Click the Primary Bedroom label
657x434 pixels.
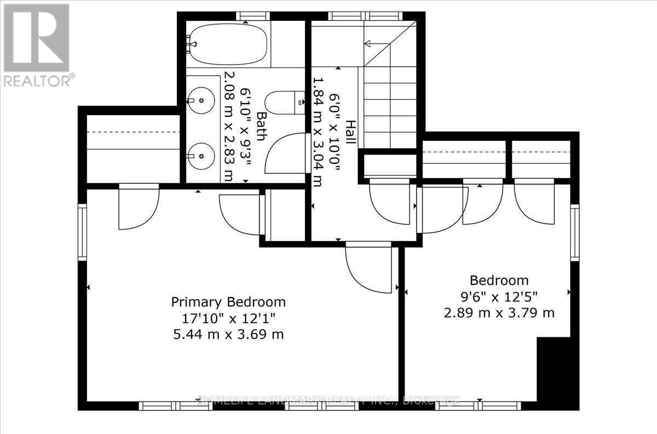pyautogui.click(x=228, y=302)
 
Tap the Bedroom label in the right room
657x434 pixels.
pyautogui.click(x=499, y=281)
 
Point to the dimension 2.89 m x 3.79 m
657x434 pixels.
pyautogui.click(x=499, y=313)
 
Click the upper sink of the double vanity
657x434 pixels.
pyautogui.click(x=201, y=101)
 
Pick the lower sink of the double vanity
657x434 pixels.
pyautogui.click(x=201, y=153)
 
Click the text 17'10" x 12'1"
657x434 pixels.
pyautogui.click(x=228, y=318)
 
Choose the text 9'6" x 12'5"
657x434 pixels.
pyautogui.click(x=499, y=297)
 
